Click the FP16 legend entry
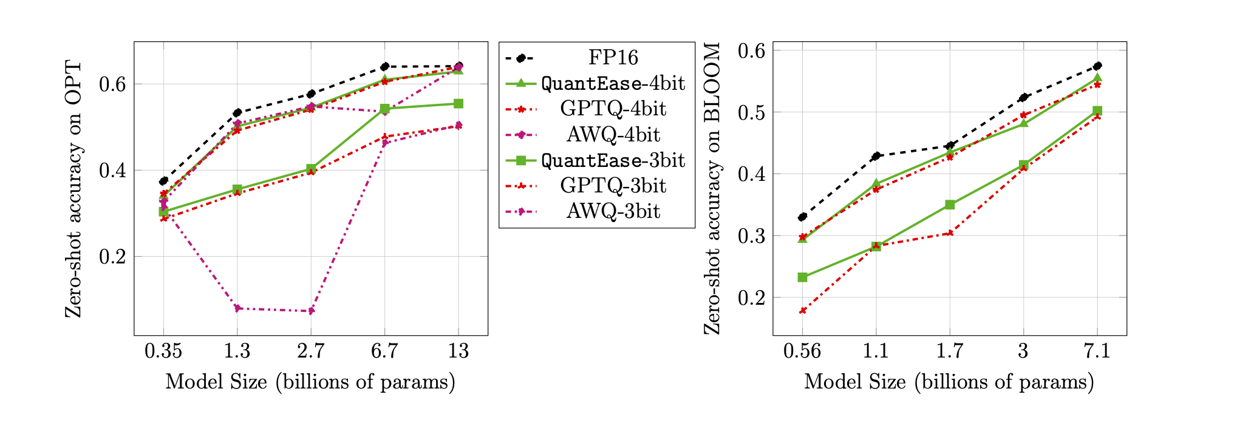pos(613,58)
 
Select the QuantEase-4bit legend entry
pos(613,83)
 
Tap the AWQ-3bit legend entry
pos(613,211)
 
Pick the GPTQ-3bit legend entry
pos(613,186)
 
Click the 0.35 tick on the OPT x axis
pos(163,351)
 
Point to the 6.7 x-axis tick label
pos(384,351)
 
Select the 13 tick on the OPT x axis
pos(458,351)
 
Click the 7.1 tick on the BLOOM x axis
pos(1097,351)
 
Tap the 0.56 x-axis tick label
pos(802,351)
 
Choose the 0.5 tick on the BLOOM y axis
pos(751,112)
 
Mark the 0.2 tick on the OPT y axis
pos(112,257)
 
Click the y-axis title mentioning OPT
pos(73,188)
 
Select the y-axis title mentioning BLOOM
pos(712,188)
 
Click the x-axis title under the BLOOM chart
pos(949,382)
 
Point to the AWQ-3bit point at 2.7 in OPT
pos(311,311)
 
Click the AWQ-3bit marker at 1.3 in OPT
pos(237,308)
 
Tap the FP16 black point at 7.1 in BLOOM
pos(1097,66)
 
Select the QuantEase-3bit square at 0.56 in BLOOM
pos(802,277)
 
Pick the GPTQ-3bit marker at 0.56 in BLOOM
pos(802,311)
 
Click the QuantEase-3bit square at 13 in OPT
pos(458,104)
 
